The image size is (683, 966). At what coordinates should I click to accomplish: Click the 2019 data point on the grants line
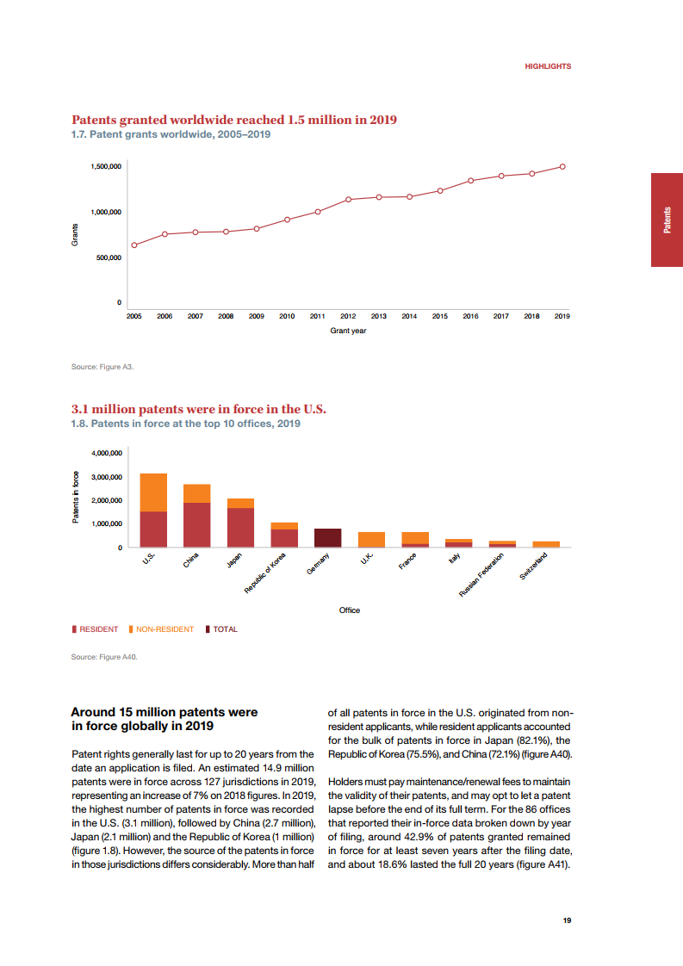[562, 166]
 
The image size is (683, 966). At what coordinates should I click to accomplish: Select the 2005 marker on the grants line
[133, 245]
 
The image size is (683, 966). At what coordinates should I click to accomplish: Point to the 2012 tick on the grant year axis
[348, 317]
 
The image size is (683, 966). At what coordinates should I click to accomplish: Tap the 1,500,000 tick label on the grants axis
[106, 166]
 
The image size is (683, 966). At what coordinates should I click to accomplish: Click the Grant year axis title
[348, 331]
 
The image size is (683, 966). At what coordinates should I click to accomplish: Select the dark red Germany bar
[328, 538]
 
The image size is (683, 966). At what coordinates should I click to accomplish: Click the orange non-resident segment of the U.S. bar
[153, 492]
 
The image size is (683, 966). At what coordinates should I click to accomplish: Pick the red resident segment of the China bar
[197, 525]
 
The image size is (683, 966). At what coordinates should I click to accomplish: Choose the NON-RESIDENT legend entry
[165, 629]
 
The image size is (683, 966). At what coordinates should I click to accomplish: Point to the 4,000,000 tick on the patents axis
[106, 453]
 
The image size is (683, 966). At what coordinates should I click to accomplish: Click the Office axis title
[349, 610]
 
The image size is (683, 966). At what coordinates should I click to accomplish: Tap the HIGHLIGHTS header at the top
[548, 66]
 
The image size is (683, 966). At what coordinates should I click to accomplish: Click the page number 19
[567, 920]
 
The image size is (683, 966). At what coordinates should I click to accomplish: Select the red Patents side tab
[667, 220]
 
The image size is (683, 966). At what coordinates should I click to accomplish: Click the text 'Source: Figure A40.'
[104, 657]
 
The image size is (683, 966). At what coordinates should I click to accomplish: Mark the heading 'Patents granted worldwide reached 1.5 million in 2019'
[233, 121]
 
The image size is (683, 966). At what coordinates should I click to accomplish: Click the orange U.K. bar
[372, 540]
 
